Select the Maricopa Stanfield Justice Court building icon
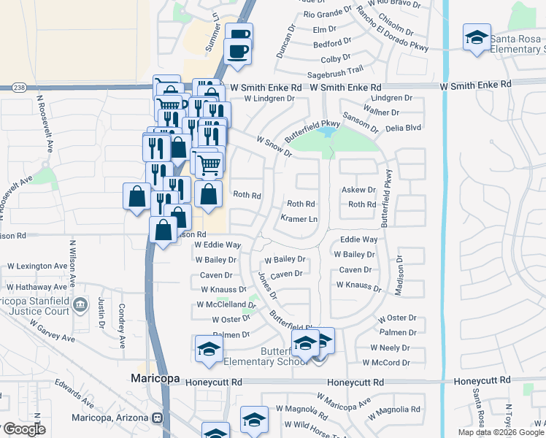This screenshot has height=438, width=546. [81, 303]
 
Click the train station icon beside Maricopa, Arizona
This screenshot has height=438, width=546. [157, 418]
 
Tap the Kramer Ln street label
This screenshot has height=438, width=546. [299, 219]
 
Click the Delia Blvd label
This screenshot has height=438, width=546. [404, 127]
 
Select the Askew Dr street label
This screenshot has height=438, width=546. [358, 189]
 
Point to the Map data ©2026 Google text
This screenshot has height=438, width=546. [501, 432]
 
